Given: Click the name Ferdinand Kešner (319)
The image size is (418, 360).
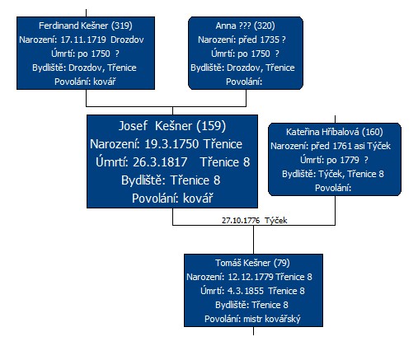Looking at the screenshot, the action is (86, 26).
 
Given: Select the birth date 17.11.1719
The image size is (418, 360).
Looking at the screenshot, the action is (83, 40).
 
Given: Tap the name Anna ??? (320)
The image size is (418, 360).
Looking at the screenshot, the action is (245, 26).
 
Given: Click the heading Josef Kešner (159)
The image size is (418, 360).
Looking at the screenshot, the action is (172, 126).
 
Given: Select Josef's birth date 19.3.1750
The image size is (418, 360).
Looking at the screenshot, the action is (171, 144).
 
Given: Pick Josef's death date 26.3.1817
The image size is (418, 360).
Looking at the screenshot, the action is (160, 162).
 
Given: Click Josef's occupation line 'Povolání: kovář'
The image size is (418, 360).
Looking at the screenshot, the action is (172, 198).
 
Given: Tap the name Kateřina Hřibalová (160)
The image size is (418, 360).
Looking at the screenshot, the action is (334, 132).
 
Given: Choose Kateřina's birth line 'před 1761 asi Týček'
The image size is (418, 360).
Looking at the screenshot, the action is (350, 146).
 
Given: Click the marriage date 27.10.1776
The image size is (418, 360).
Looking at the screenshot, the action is (241, 221).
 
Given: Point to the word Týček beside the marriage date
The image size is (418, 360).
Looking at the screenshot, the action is (276, 221).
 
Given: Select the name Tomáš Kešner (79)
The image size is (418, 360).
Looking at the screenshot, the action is (252, 263).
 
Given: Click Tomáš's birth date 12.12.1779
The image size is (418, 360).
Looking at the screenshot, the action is (251, 277).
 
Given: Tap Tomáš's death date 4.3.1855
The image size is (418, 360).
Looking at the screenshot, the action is (246, 291).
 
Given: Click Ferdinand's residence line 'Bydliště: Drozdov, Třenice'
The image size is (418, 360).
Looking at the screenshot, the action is (84, 68).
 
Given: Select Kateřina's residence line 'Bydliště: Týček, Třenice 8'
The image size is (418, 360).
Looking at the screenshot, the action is (333, 174).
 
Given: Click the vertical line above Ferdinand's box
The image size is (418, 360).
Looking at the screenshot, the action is (86, 13).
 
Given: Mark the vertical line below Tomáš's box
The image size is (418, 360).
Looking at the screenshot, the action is (253, 331).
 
